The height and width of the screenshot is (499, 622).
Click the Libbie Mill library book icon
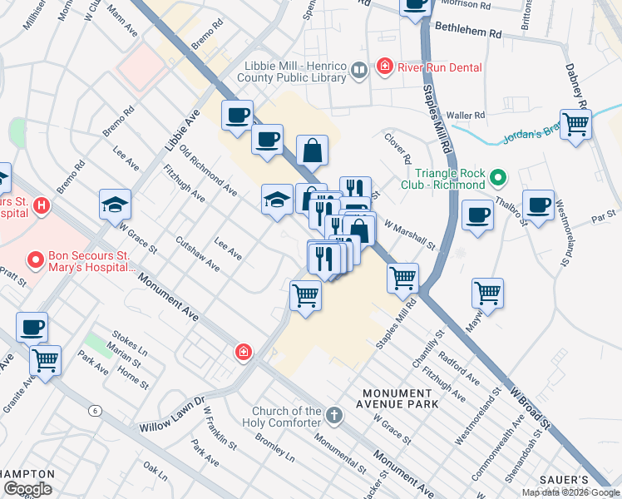pyautogui.click(x=359, y=72)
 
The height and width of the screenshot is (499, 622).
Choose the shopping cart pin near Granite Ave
pyautogui.click(x=45, y=361)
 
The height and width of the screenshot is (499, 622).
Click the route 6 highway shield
pyautogui.click(x=96, y=410)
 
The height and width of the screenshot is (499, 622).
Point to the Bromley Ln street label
pyautogui.click(x=274, y=449)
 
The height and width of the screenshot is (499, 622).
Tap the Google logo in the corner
pyautogui.click(x=27, y=489)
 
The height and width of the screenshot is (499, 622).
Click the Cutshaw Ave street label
pyautogui.click(x=198, y=254)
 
